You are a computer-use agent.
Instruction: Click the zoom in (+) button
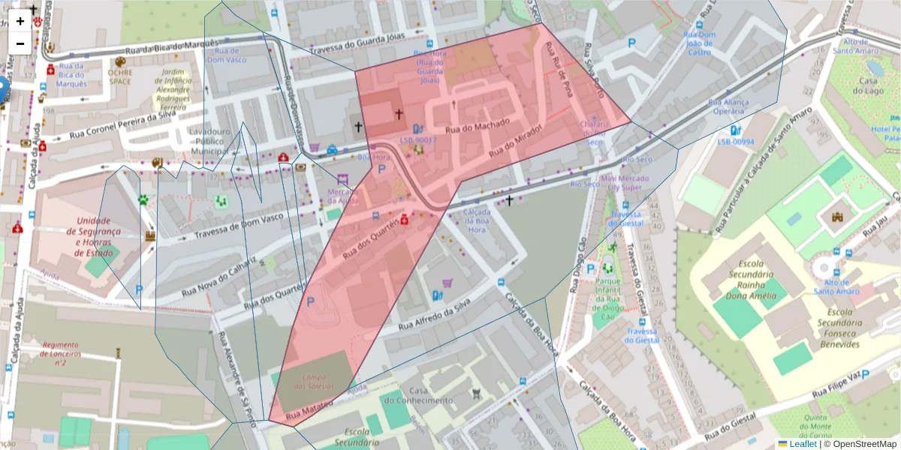(x=20, y=21)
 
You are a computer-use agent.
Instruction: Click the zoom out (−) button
(x=20, y=43)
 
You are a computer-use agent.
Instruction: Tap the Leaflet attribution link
(x=802, y=444)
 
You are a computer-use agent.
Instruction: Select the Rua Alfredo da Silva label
(x=433, y=314)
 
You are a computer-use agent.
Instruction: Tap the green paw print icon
(x=143, y=200)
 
